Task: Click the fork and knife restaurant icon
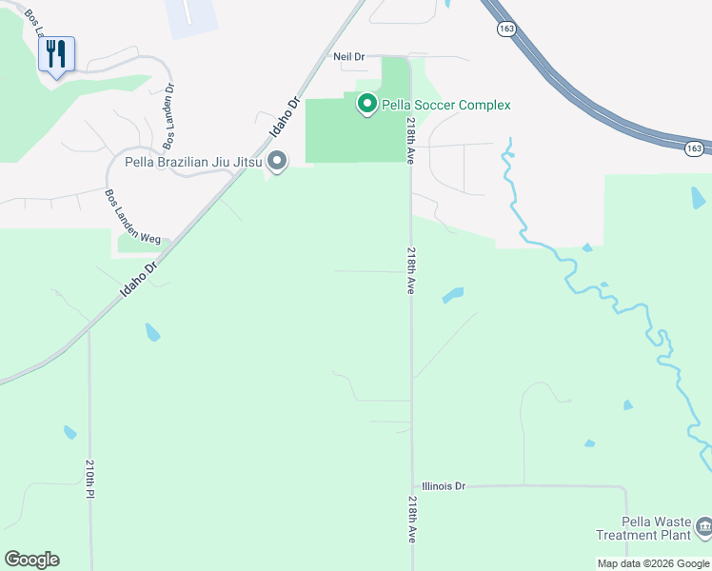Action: [x=56, y=52]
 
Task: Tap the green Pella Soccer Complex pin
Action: [x=366, y=105]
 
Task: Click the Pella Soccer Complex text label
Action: [x=446, y=106]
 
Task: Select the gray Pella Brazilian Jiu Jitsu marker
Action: [x=277, y=162]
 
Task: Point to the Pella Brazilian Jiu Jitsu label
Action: [x=194, y=162]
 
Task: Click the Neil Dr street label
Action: [x=348, y=57]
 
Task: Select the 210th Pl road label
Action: [x=89, y=480]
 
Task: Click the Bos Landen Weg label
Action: [x=132, y=217]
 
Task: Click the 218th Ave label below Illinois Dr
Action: [x=412, y=519]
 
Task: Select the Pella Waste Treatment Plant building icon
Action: [x=702, y=525]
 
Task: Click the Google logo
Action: [x=31, y=560]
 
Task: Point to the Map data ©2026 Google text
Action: [x=653, y=563]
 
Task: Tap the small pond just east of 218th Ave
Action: [x=452, y=296]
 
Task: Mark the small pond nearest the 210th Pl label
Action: [x=70, y=433]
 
